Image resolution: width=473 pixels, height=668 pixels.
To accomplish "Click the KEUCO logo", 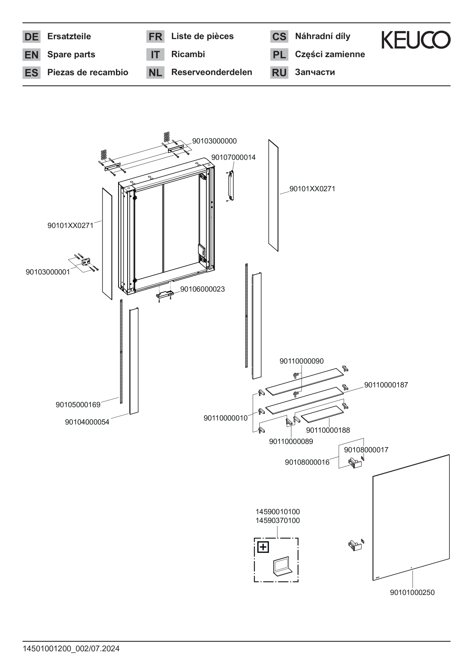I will pyautogui.click(x=416, y=40).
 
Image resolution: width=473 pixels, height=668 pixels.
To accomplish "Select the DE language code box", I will pyautogui.click(x=31, y=37).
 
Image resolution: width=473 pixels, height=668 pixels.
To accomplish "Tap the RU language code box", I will pyautogui.click(x=279, y=72).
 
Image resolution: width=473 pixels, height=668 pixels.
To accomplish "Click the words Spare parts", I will pyautogui.click(x=71, y=54).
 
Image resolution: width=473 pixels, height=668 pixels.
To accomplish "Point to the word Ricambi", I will pyautogui.click(x=188, y=54).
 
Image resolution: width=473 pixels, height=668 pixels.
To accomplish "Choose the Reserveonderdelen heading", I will pyautogui.click(x=211, y=72).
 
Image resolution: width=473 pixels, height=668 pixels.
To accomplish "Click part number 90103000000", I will pyautogui.click(x=214, y=141).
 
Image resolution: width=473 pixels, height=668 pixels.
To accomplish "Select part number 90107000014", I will pyautogui.click(x=233, y=157).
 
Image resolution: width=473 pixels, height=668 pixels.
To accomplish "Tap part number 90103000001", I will pyautogui.click(x=48, y=272).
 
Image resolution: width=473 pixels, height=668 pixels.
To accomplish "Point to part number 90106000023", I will pyautogui.click(x=202, y=289).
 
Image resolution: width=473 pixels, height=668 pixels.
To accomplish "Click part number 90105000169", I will pyautogui.click(x=78, y=405).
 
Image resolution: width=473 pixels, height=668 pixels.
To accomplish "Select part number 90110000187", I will pyautogui.click(x=386, y=385).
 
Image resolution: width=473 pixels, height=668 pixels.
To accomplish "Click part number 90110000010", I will pyautogui.click(x=225, y=418).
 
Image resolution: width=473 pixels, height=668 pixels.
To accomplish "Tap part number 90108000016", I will pyautogui.click(x=307, y=462).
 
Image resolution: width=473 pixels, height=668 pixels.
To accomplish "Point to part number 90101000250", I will pyautogui.click(x=412, y=592).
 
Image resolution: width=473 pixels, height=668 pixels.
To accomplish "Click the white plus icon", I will pyautogui.click(x=263, y=547).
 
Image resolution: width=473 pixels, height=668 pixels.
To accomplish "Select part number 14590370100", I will pyautogui.click(x=277, y=521).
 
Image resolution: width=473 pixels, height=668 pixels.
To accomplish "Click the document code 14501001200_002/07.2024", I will pyautogui.click(x=71, y=649).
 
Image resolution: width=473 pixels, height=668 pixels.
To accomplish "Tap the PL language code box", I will pyautogui.click(x=279, y=54).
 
